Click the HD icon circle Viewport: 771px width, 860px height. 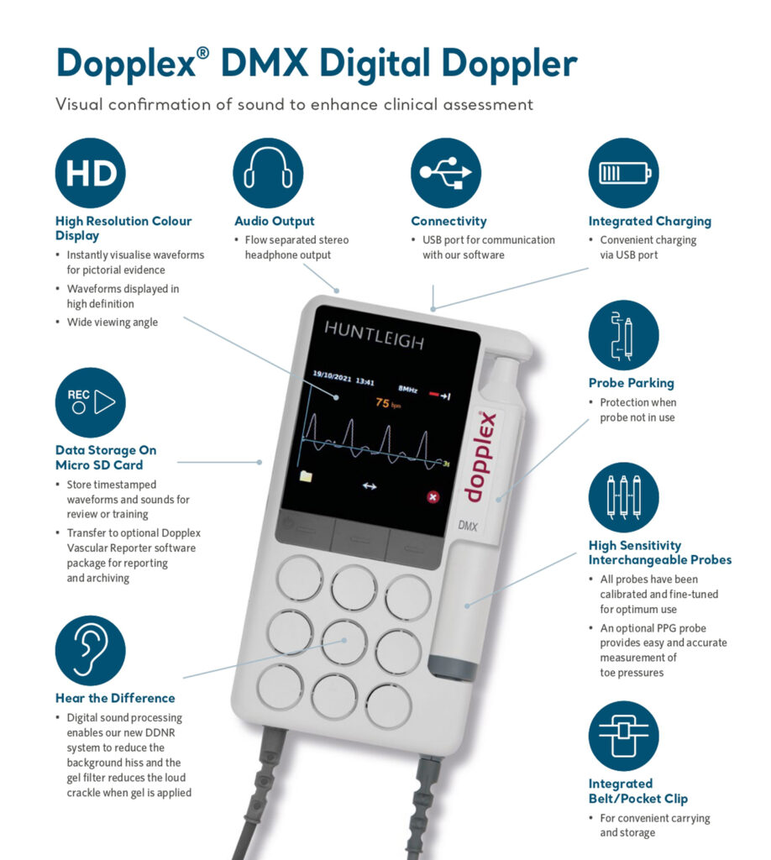[x=90, y=173]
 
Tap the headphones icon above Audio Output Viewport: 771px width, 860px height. [x=268, y=173]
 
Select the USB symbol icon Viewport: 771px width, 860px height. [x=445, y=173]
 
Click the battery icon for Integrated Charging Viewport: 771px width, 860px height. [x=623, y=173]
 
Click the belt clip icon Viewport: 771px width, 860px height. [x=623, y=736]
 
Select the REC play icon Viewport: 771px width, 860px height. [x=90, y=402]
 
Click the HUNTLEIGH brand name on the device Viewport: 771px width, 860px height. [x=375, y=341]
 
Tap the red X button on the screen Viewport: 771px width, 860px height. [x=433, y=497]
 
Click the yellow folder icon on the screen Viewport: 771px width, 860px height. [x=305, y=476]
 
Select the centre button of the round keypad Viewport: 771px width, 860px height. [x=344, y=641]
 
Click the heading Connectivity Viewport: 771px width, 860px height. [x=448, y=222]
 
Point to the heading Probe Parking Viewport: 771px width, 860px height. [x=631, y=383]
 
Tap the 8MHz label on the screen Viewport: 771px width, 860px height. [x=407, y=389]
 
